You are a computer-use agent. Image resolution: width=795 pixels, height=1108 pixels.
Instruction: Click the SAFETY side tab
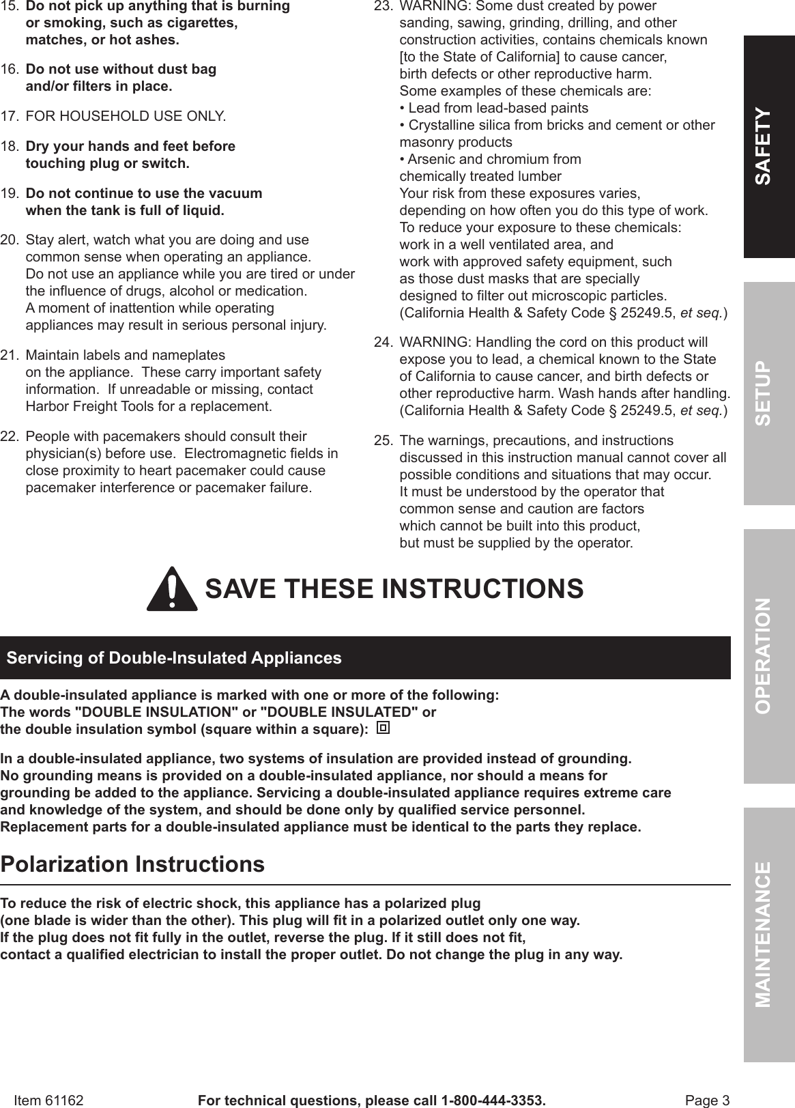pyautogui.click(x=769, y=146)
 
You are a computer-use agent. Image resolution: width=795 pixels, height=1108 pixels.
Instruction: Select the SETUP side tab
pyautogui.click(x=769, y=393)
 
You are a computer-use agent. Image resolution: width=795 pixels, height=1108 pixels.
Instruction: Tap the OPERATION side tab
pyautogui.click(x=769, y=655)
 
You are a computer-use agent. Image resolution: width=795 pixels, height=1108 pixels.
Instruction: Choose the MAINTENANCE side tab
pyautogui.click(x=769, y=934)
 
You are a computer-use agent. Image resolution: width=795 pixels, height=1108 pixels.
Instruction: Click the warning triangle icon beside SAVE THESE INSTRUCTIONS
pyautogui.click(x=172, y=590)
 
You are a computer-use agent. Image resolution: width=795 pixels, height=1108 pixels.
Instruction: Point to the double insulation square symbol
pyautogui.click(x=384, y=728)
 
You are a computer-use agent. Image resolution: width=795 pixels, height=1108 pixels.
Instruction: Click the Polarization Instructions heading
pyautogui.click(x=132, y=864)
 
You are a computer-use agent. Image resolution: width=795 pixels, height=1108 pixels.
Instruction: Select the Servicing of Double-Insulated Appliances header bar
pyautogui.click(x=365, y=658)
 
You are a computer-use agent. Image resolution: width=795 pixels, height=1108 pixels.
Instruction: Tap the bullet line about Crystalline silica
pyautogui.click(x=558, y=126)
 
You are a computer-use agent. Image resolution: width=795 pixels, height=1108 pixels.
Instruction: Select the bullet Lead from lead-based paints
pyautogui.click(x=494, y=109)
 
